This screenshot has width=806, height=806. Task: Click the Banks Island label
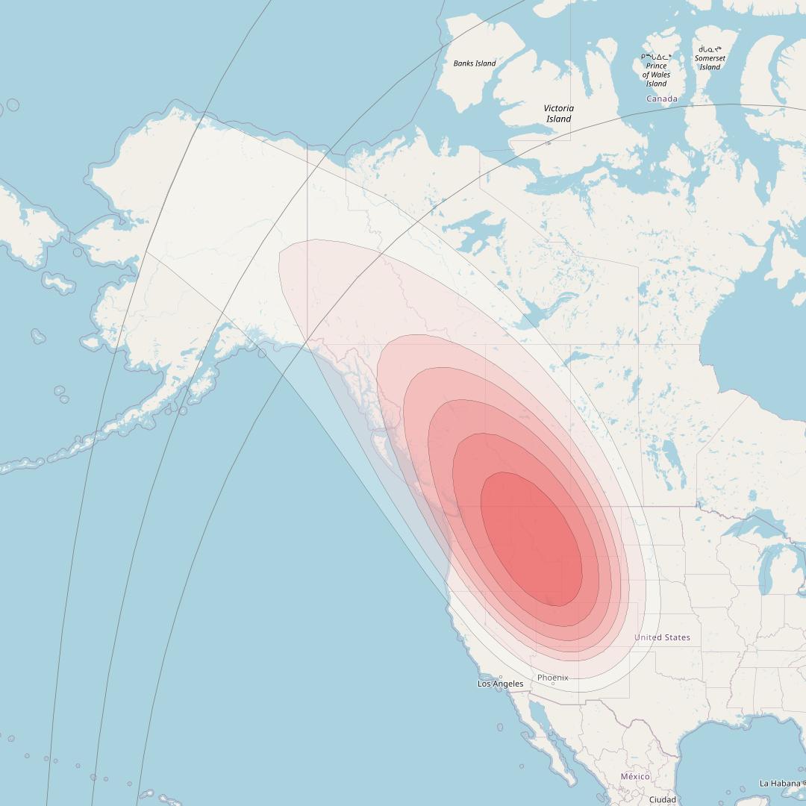[x=475, y=63]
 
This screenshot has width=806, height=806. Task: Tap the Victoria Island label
[x=559, y=113]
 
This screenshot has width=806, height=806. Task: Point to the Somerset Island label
[x=710, y=63]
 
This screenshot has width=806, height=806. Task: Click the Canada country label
[x=662, y=99]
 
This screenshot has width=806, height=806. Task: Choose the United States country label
[x=662, y=637]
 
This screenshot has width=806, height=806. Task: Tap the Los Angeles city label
[x=501, y=684]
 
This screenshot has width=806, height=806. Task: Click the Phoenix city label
[x=553, y=678]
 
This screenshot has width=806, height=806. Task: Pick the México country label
[x=635, y=776]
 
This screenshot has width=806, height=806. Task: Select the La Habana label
[x=781, y=783]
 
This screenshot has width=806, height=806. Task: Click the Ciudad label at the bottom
[x=663, y=799]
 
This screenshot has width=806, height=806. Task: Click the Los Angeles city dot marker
[x=501, y=678]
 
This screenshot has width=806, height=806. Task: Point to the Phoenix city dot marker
[x=553, y=684]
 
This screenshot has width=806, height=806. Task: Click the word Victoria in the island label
[x=559, y=108]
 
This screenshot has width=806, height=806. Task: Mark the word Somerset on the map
[x=710, y=58]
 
